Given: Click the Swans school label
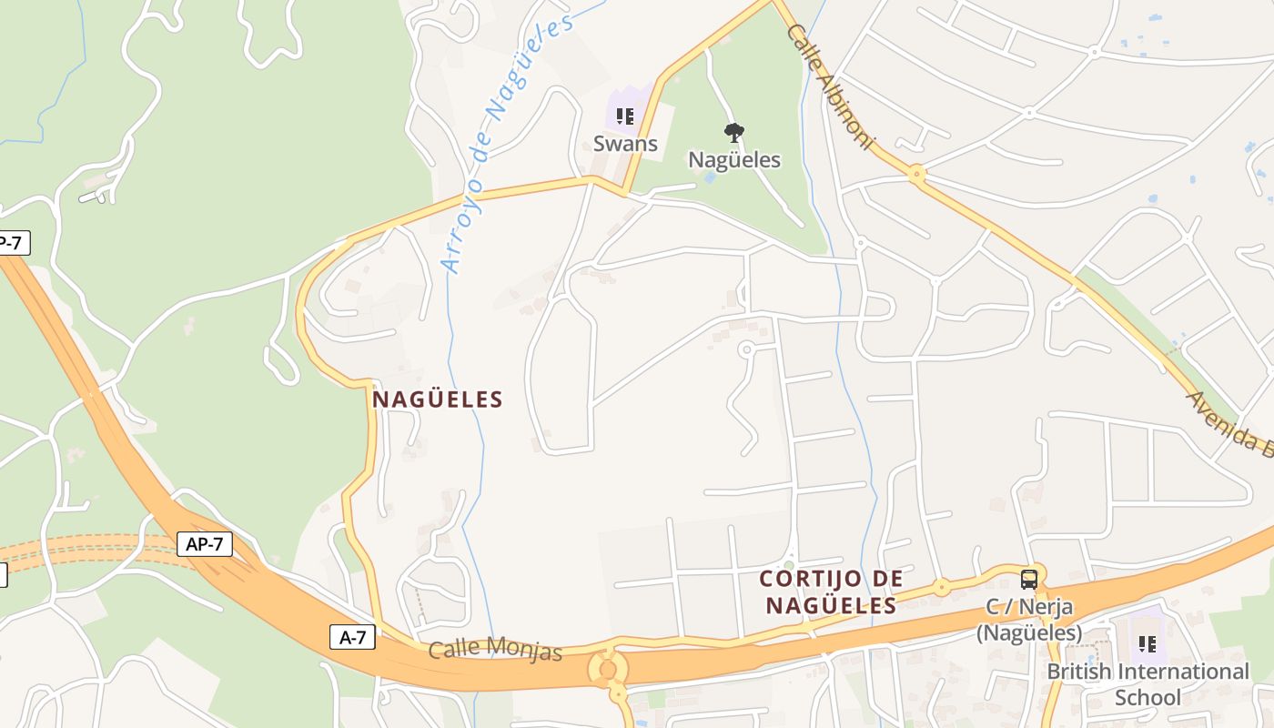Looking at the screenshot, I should point(625,144).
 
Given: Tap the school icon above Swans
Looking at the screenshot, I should point(624,116).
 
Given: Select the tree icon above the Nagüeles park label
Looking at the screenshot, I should point(733,133).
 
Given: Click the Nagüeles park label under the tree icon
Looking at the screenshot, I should point(733,160).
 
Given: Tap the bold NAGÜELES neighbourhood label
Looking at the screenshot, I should point(438,399).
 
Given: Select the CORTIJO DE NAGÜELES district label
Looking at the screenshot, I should point(831,591).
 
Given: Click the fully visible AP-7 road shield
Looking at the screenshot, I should point(205,544).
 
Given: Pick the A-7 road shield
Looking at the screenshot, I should point(352,637).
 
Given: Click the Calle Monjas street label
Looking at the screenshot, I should point(495,649).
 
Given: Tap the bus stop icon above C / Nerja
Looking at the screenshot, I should point(1028,579).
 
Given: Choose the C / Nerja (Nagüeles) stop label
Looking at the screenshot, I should point(1029,620).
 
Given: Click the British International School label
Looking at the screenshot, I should point(1148,684).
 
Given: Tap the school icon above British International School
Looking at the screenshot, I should point(1148,644).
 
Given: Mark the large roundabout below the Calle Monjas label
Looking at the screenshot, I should point(607,670).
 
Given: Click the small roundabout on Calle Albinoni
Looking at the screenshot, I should point(916,172).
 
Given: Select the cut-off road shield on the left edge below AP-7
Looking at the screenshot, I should point(3,575).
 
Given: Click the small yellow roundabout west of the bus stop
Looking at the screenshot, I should point(941,587).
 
